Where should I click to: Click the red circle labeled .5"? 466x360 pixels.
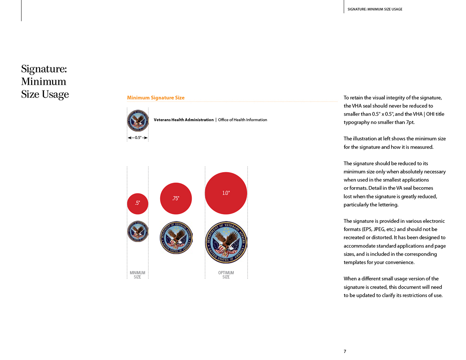pyautogui.click(x=138, y=203)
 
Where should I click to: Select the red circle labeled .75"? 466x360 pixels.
pyautogui.click(x=176, y=198)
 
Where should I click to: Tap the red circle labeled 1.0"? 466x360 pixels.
pyautogui.click(x=226, y=193)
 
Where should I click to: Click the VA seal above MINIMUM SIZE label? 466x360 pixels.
pyautogui.click(x=138, y=231)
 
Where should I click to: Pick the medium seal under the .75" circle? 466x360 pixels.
pyautogui.click(x=176, y=237)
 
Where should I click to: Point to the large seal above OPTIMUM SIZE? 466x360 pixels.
pyautogui.click(x=226, y=242)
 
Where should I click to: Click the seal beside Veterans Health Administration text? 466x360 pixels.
pyautogui.click(x=138, y=120)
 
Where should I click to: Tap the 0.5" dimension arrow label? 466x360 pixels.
pyautogui.click(x=138, y=138)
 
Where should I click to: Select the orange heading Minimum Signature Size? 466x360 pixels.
pyautogui.click(x=156, y=98)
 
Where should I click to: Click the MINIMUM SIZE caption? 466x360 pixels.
pyautogui.click(x=138, y=275)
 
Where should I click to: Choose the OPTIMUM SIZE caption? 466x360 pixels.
pyautogui.click(x=226, y=275)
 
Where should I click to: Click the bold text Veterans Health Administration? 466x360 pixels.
pyautogui.click(x=183, y=120)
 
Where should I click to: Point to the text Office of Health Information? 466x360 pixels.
pyautogui.click(x=242, y=120)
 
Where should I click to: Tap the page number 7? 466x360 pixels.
pyautogui.click(x=345, y=351)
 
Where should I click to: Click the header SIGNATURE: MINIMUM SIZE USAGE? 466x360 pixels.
pyautogui.click(x=375, y=9)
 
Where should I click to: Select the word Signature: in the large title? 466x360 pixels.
pyautogui.click(x=44, y=69)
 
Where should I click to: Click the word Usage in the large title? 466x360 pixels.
pyautogui.click(x=55, y=94)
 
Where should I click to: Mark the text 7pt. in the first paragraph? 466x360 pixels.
pyautogui.click(x=410, y=122)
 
